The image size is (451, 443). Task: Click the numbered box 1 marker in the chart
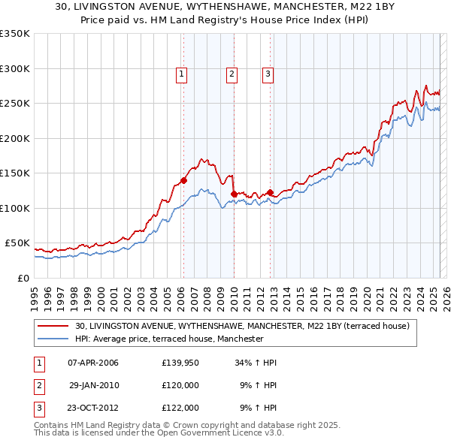tap(183, 74)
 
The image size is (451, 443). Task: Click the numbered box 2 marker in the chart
tap(232, 74)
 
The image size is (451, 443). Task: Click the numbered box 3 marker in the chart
tap(268, 74)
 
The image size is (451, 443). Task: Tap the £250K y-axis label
tap(15, 104)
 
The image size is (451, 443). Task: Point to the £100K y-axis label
tap(15, 208)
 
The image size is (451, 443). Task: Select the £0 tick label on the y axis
tap(23, 278)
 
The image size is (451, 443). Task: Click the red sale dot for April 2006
tap(183, 180)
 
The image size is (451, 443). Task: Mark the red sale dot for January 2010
tap(234, 194)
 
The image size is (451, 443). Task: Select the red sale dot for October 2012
tap(270, 192)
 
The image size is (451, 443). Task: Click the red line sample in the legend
tap(53, 327)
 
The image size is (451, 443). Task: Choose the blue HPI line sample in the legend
tap(53, 339)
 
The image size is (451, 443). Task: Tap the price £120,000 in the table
tap(180, 385)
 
